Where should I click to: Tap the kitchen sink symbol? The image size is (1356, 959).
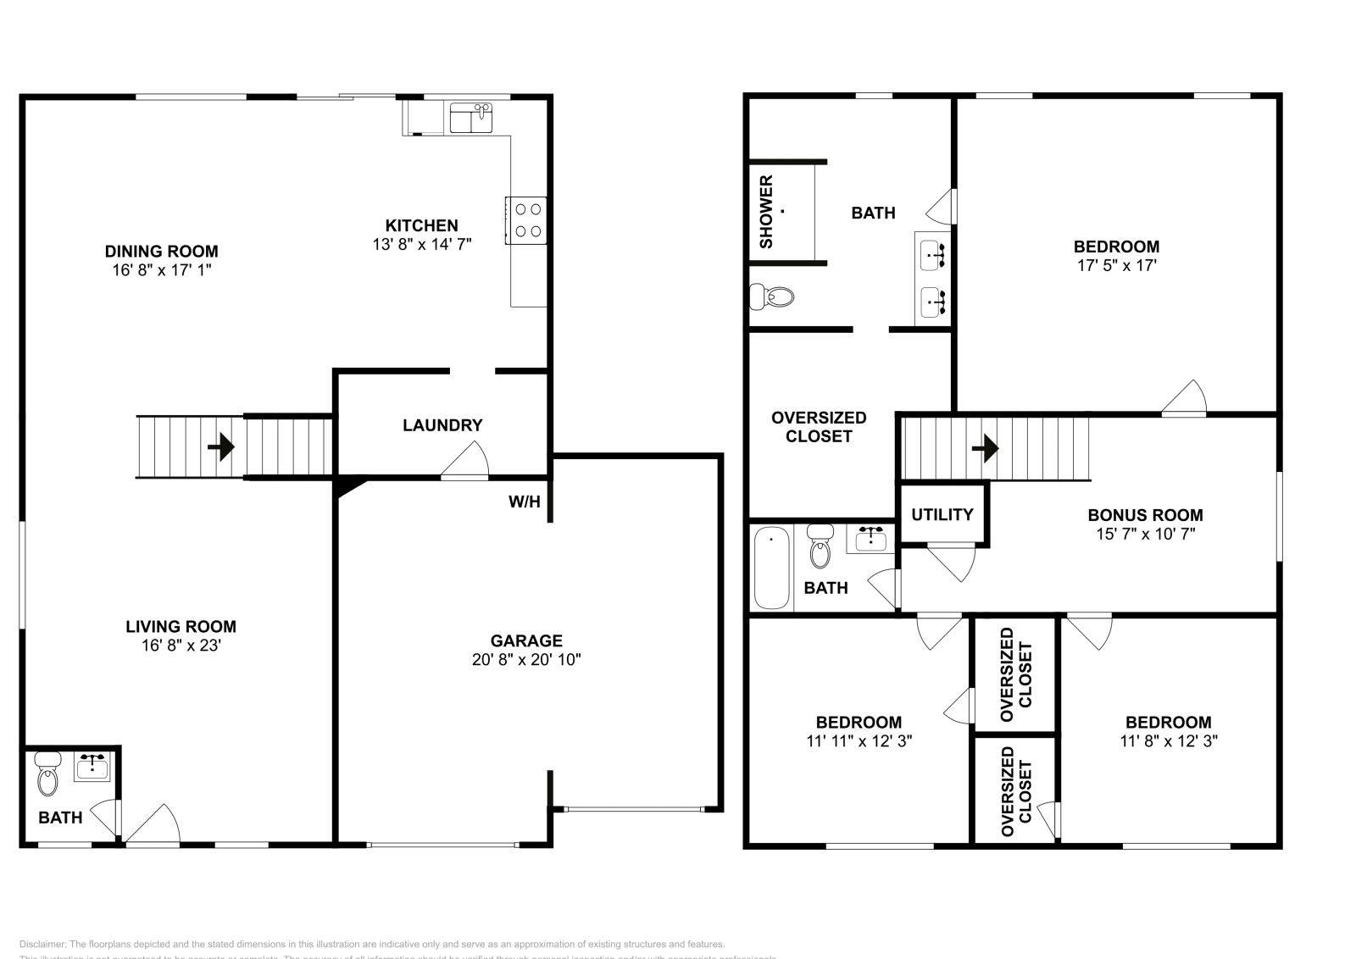[470, 119]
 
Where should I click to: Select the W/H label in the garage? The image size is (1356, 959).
[524, 502]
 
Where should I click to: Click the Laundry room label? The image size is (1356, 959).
[442, 425]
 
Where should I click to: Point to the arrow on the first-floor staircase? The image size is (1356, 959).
[222, 446]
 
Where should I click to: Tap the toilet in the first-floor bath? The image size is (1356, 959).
[47, 775]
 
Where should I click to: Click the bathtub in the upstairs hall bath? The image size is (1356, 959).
[771, 567]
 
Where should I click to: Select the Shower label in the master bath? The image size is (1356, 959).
[766, 212]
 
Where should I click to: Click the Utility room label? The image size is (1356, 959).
[942, 514]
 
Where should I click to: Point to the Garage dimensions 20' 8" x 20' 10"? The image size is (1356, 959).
[526, 660]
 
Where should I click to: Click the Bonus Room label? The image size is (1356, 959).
[1145, 515]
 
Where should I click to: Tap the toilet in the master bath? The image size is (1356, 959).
[773, 297]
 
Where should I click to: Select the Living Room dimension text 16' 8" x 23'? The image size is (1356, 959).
[181, 646]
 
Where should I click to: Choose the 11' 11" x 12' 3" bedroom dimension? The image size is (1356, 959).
[859, 741]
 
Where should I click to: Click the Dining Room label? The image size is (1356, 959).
[161, 251]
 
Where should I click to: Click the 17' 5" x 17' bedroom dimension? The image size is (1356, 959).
[1116, 265]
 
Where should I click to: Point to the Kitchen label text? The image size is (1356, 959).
[421, 225]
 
